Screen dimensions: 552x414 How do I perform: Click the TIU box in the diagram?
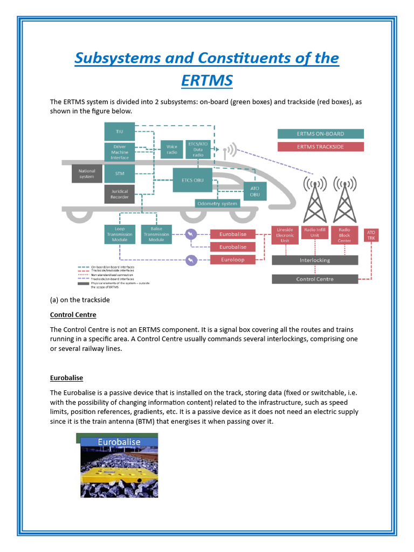point(119,131)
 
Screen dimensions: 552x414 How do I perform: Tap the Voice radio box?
point(171,149)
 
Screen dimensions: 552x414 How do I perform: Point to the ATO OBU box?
point(254,191)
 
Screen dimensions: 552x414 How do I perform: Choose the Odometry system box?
point(217,203)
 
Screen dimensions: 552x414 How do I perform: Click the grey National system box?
point(86,174)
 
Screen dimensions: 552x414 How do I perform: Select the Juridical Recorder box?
point(119,194)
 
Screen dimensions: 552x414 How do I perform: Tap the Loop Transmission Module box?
point(119,234)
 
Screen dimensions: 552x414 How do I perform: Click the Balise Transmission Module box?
point(156,234)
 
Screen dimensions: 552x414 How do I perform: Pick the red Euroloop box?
point(232,259)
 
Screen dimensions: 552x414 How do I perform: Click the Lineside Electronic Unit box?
point(285,234)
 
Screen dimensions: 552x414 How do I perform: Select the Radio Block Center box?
point(344,234)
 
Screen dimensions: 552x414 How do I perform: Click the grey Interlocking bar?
point(314,260)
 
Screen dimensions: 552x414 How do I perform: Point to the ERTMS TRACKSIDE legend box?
point(320,147)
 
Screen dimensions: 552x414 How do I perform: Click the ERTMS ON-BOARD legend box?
point(320,134)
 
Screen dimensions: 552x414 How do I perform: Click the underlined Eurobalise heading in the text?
point(66,378)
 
